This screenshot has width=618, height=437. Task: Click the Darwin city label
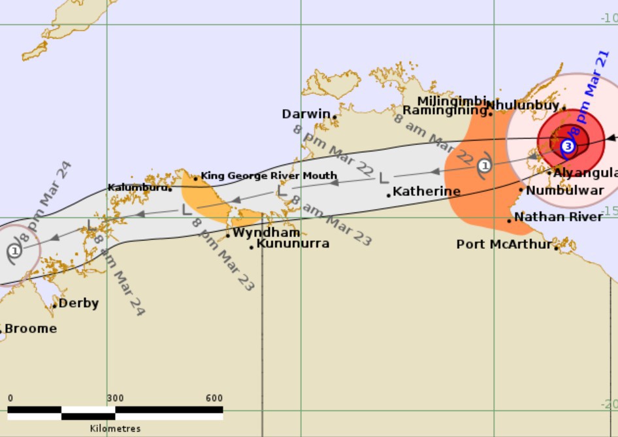(x=306, y=114)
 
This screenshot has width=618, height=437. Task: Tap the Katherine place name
(x=427, y=192)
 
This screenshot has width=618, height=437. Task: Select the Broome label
(x=30, y=329)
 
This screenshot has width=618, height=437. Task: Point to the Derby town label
(x=78, y=303)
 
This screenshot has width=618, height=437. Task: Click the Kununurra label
(x=293, y=244)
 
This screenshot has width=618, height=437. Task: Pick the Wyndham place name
(x=267, y=233)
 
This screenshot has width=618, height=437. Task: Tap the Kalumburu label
(x=137, y=187)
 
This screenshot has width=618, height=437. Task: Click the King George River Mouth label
(x=268, y=176)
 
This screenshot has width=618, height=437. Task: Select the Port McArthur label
(x=504, y=245)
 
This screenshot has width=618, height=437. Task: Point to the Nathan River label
(x=559, y=217)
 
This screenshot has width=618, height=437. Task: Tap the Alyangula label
(x=585, y=173)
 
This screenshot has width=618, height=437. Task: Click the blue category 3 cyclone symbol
(x=568, y=146)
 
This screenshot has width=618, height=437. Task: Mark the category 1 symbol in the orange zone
(x=484, y=166)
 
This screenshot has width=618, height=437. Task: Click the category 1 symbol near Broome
(x=14, y=250)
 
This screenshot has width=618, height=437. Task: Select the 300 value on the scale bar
(x=115, y=398)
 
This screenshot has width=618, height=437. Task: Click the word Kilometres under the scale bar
(x=115, y=429)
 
